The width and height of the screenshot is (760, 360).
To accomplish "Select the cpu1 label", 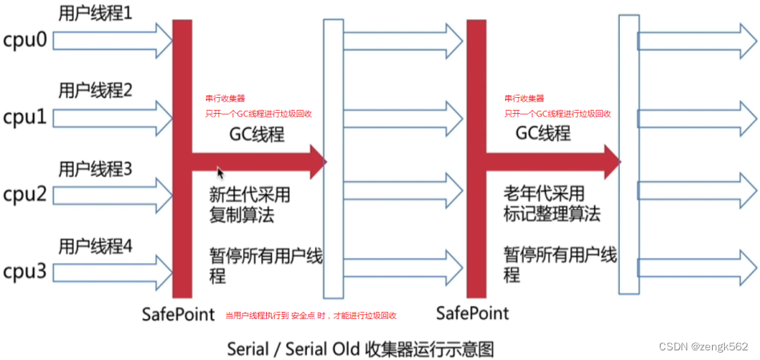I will click(25, 118).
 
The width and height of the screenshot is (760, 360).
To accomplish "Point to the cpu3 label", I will click(25, 271).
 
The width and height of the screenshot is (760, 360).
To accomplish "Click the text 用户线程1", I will click(95, 13).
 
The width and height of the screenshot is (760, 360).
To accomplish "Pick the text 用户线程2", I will click(95, 89).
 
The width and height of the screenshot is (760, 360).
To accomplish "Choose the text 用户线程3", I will click(95, 169).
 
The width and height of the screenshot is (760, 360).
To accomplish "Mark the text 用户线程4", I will click(95, 247).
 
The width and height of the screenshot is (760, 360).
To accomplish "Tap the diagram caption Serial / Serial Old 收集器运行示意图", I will click(361, 349).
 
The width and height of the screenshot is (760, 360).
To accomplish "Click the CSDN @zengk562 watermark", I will click(703, 346).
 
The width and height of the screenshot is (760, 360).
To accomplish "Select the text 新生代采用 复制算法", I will click(249, 204).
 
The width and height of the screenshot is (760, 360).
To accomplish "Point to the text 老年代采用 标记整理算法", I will click(552, 204).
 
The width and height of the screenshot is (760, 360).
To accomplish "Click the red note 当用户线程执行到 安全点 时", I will click(312, 315).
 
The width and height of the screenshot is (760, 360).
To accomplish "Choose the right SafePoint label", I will click(472, 311).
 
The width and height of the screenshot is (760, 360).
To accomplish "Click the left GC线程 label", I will click(256, 134).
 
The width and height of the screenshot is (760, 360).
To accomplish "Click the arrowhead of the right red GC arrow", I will click(612, 161).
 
